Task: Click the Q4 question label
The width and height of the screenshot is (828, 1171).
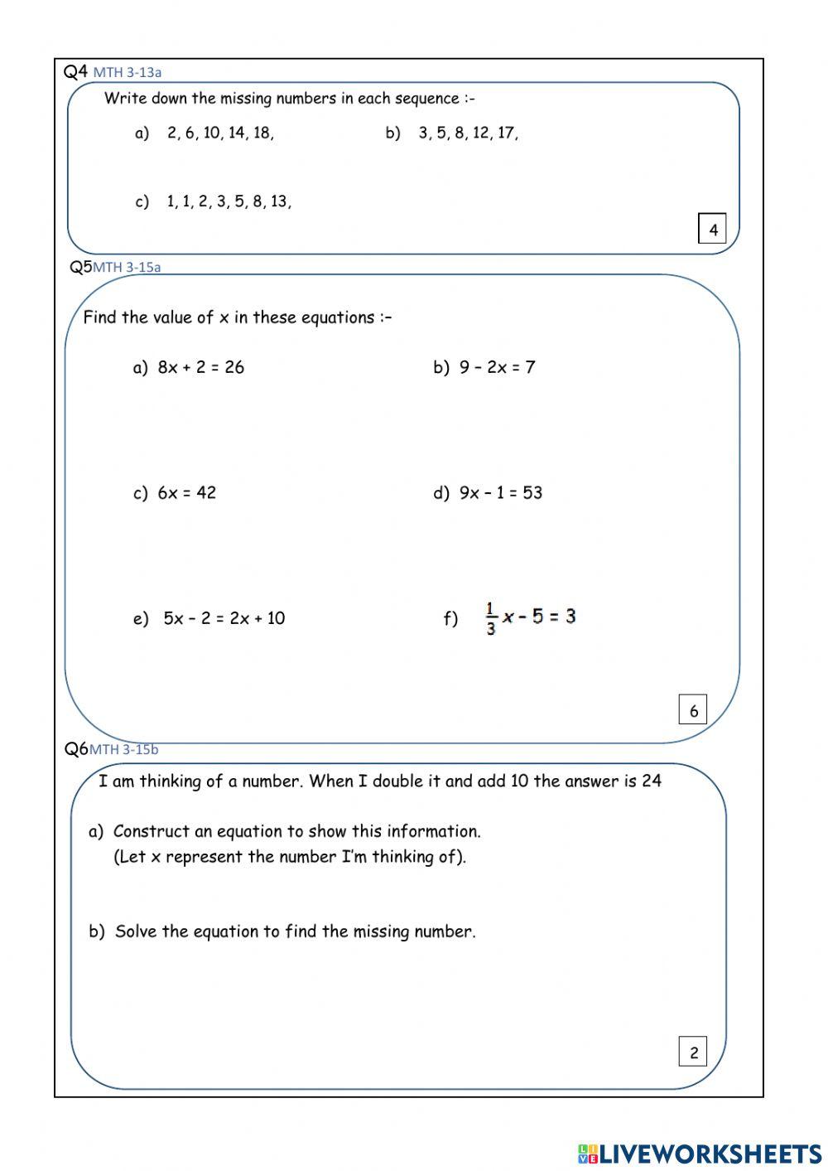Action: coord(75,71)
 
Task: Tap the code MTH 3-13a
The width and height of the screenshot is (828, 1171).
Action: coord(127,73)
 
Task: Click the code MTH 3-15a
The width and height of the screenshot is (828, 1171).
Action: coord(127,267)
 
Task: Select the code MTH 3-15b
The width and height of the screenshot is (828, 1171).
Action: coord(123,750)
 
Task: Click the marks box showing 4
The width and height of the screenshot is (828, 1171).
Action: coord(712,229)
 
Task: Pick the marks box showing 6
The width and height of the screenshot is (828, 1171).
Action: coord(693,710)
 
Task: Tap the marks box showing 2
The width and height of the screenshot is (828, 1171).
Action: coord(693,1052)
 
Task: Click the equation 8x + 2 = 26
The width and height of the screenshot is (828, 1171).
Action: coord(201,367)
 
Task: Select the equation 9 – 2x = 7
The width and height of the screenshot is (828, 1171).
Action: coord(497,367)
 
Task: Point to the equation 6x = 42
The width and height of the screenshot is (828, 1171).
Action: coord(186,492)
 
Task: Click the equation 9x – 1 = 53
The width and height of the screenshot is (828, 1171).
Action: coord(500,492)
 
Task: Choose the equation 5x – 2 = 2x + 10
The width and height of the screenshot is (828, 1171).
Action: coord(224,618)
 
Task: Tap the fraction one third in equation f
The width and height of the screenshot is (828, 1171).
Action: coord(491,618)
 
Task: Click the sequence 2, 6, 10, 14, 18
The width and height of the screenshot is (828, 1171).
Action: coord(219,133)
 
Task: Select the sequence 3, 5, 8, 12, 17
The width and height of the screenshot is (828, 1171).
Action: coord(468,133)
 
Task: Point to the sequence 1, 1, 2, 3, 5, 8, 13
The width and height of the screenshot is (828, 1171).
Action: coord(229,201)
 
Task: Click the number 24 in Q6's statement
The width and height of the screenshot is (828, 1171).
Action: coord(651,781)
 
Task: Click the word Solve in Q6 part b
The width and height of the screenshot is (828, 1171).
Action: coord(136,931)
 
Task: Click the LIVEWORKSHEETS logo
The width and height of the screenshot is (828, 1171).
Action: coord(700,1153)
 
